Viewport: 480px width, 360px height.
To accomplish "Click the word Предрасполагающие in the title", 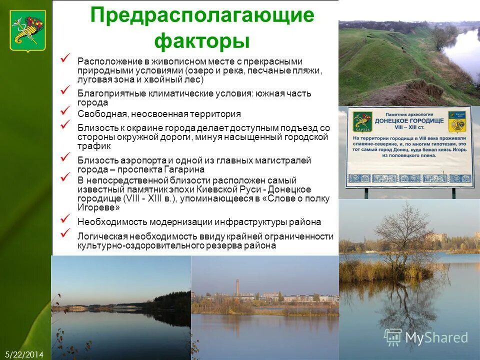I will coord(202,15).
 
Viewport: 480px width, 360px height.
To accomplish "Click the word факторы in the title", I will coord(202,40).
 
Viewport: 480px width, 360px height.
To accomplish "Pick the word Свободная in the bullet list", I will coord(97,114).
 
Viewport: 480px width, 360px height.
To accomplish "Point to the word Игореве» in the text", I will coord(98,207).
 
